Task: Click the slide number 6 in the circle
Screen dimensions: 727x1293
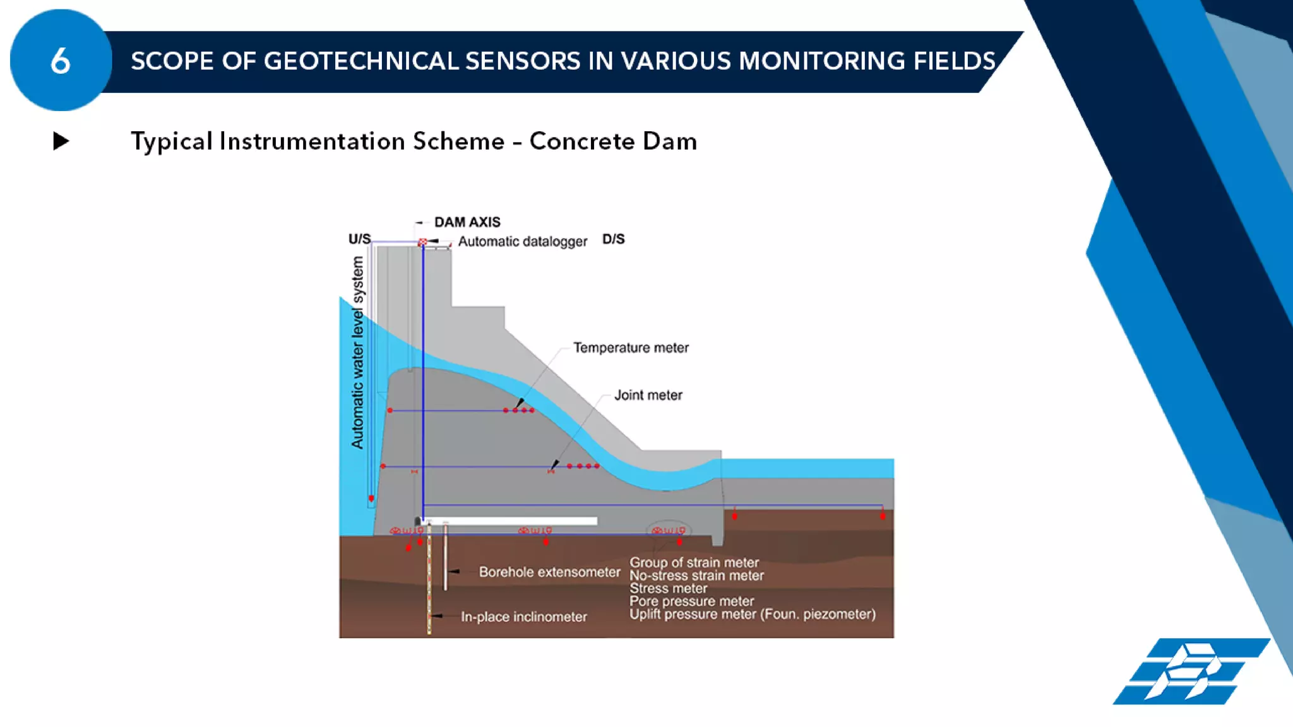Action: pos(61,61)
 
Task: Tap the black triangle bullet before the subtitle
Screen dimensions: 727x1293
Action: pos(61,141)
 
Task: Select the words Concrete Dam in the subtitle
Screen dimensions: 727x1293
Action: pos(612,141)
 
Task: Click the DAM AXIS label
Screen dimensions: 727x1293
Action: pos(467,222)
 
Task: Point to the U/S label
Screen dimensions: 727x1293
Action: pos(359,239)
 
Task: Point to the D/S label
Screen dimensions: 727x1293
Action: pos(613,239)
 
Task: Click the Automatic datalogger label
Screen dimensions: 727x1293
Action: pos(522,241)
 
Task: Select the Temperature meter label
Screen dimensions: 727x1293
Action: pos(630,348)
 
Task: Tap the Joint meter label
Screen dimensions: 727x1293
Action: pos(648,395)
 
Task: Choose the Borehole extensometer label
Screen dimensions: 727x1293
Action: pos(549,572)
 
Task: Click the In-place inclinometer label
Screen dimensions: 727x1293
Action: pos(523,617)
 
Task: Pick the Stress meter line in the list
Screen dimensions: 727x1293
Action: pos(668,588)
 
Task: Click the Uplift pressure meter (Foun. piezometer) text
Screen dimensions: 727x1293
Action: pos(752,614)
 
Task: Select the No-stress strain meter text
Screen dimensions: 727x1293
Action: pos(696,576)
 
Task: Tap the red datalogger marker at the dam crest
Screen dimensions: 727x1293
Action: pos(422,242)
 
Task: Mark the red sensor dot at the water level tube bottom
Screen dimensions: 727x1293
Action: pos(371,499)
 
